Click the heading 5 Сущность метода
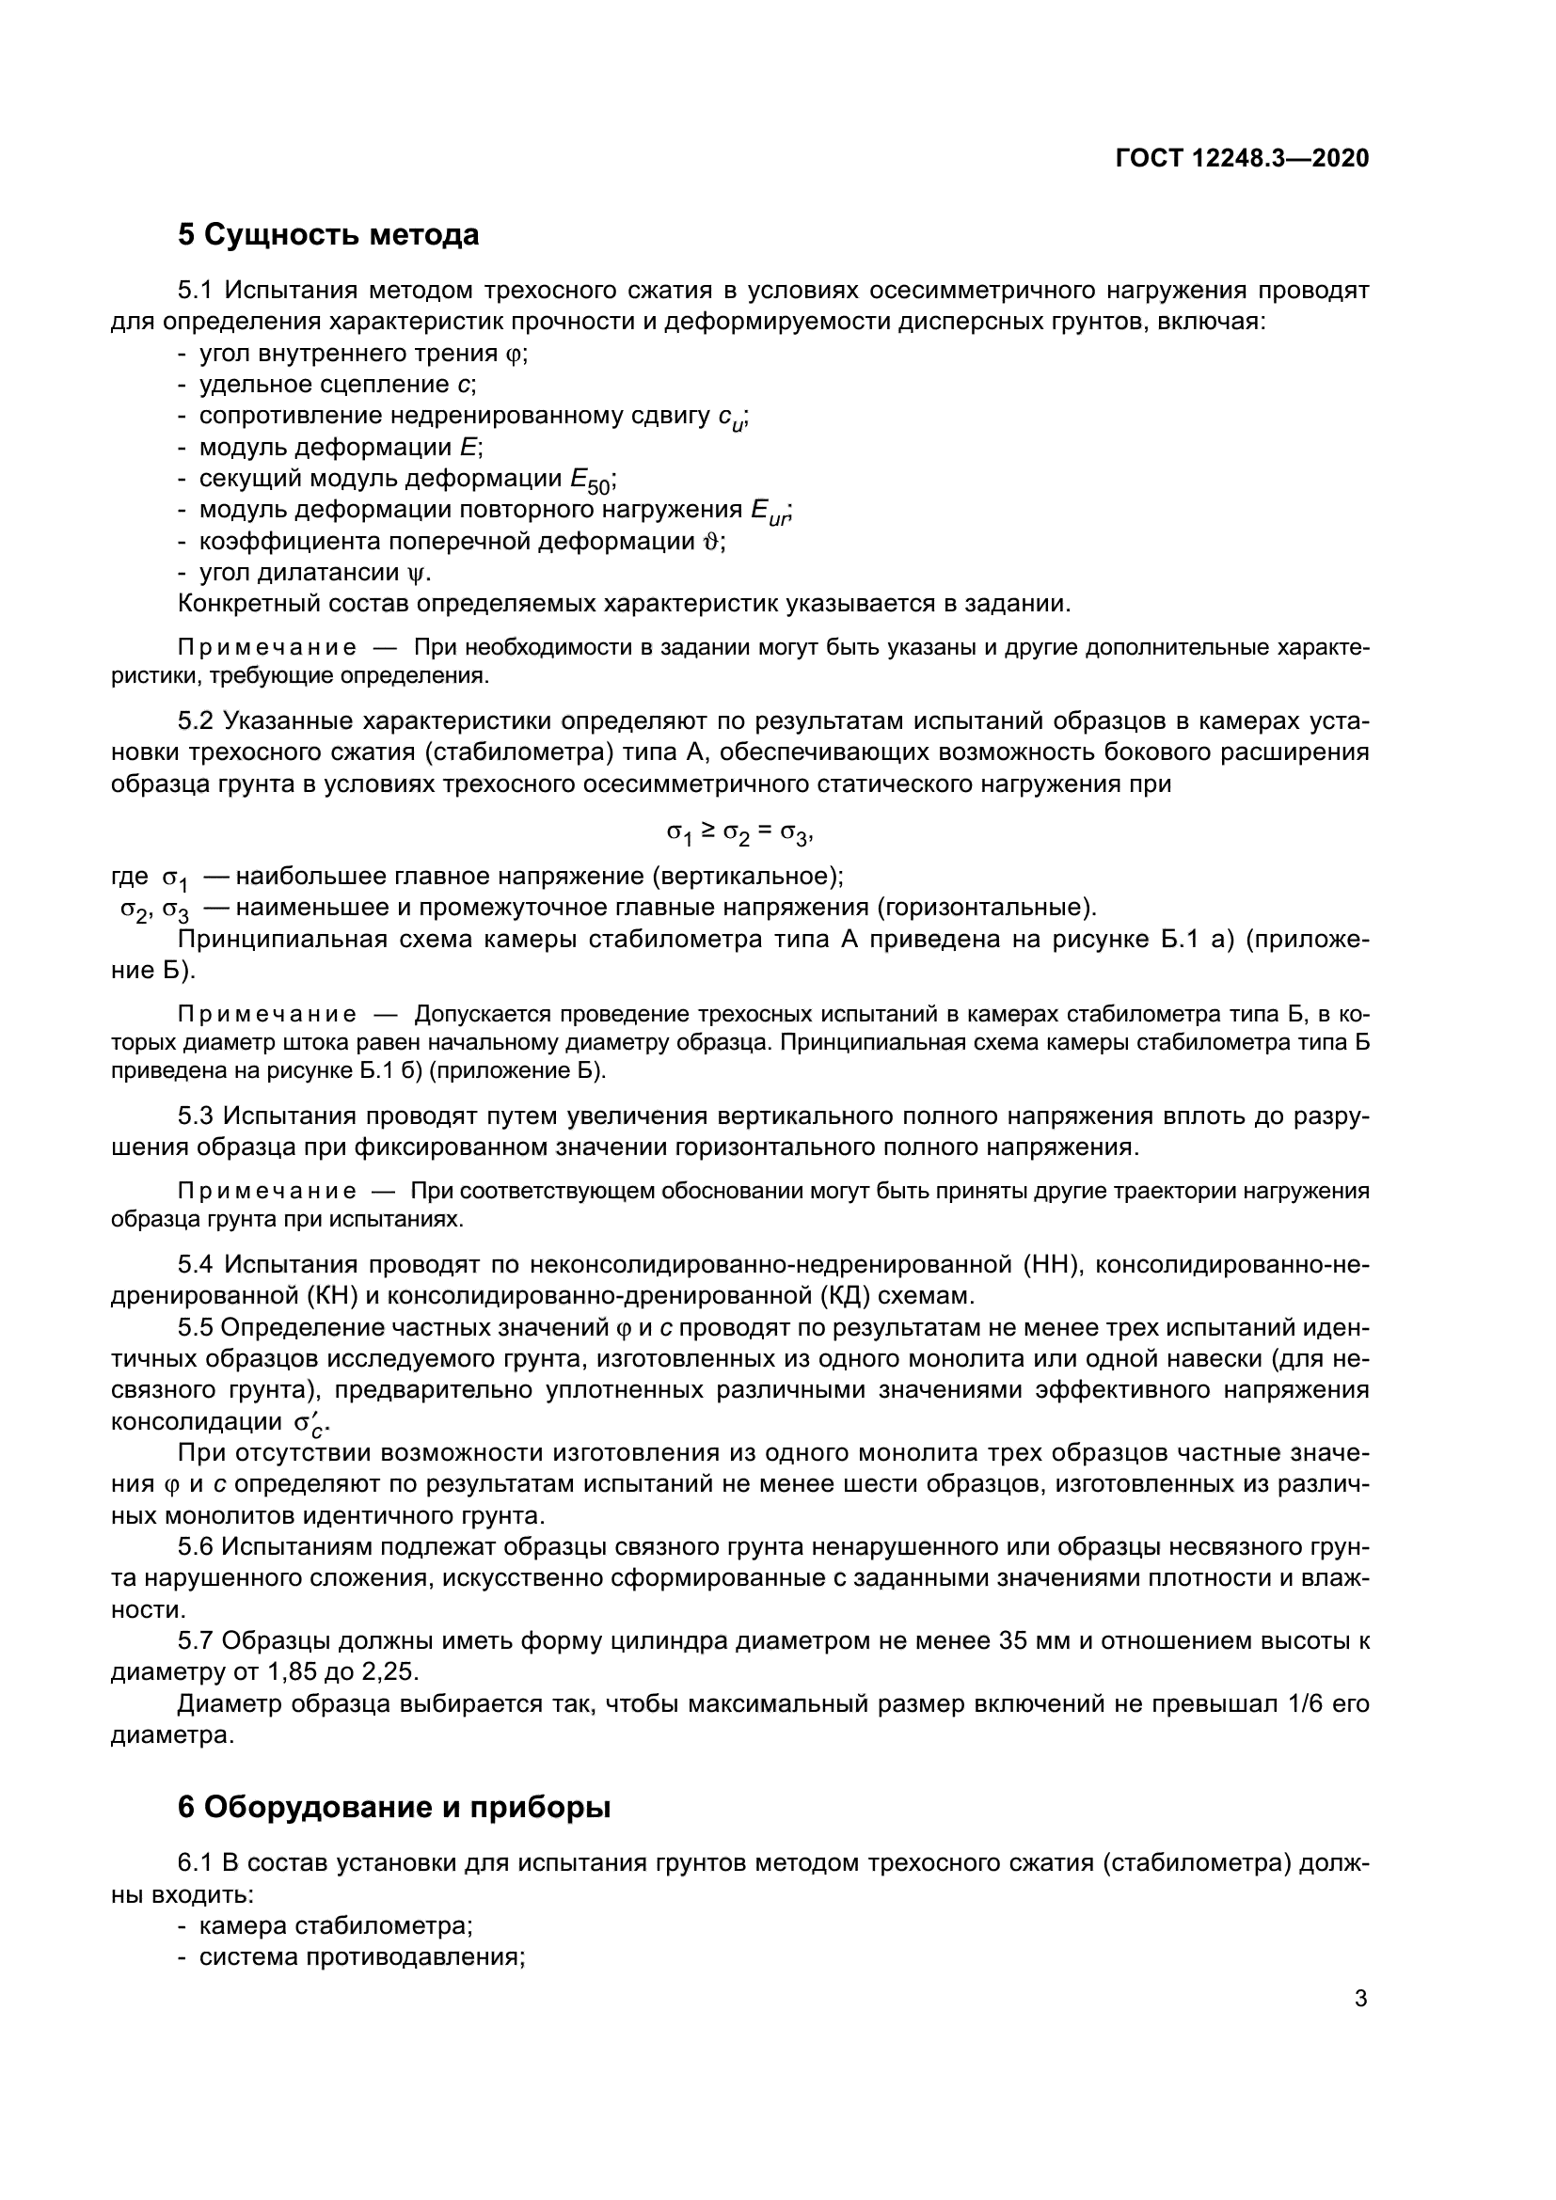click(x=327, y=234)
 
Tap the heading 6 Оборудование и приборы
click(x=394, y=1807)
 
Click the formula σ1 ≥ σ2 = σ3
click(x=739, y=832)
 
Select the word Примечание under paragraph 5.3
click(x=267, y=1191)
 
